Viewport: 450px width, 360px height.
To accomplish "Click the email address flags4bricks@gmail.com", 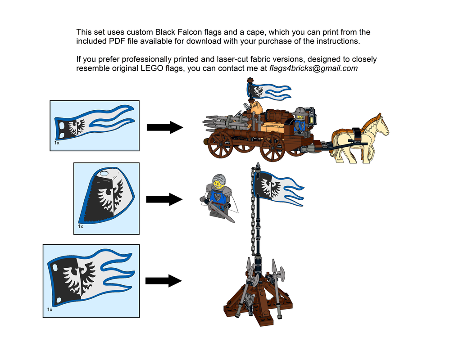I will pyautogui.click(x=314, y=68).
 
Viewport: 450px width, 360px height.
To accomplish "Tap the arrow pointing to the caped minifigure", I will pyautogui.click(x=164, y=199).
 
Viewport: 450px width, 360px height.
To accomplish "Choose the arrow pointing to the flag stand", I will pyautogui.click(x=163, y=281).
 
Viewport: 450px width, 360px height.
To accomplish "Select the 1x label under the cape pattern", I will pyautogui.click(x=81, y=226).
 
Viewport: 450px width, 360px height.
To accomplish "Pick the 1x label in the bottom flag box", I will pyautogui.click(x=50, y=310).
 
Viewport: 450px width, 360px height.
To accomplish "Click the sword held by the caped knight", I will pyautogui.click(x=220, y=212).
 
